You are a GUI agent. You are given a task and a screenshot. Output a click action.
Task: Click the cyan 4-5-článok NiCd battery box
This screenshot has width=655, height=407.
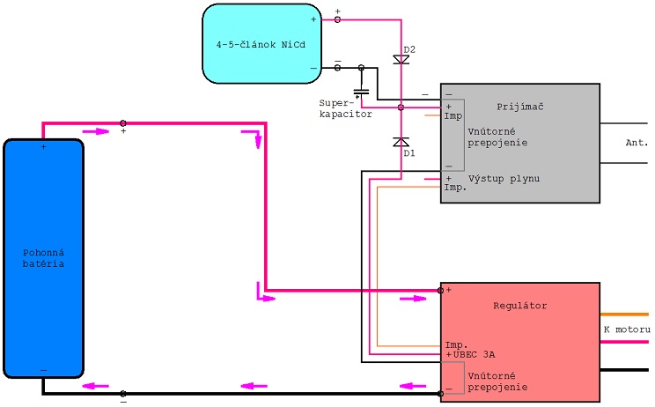coord(261,43)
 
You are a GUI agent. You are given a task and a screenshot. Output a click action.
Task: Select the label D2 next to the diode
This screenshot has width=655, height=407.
coord(408,48)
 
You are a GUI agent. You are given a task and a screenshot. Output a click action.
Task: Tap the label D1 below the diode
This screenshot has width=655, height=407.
coord(408,153)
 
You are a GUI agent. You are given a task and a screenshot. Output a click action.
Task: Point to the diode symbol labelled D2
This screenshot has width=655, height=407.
coord(401,60)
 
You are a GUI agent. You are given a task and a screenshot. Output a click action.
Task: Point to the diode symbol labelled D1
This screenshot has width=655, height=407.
coord(401,142)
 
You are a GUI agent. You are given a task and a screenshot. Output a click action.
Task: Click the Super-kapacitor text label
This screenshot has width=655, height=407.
coord(345,108)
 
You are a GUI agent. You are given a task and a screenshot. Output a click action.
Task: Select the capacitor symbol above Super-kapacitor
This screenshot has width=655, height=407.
coord(361,91)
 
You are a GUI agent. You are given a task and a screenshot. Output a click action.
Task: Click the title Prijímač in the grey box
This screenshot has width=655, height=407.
coord(520,107)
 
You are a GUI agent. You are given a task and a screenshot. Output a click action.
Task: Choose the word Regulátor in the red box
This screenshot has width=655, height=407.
coord(520,306)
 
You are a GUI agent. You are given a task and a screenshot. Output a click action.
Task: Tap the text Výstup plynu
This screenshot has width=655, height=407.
coord(504,179)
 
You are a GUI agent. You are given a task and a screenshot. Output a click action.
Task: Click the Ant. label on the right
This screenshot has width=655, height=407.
coord(637,143)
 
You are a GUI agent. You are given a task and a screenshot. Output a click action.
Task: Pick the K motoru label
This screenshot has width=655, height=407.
coord(627,329)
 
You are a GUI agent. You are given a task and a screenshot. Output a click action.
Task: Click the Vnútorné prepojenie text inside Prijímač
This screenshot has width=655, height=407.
coord(498,136)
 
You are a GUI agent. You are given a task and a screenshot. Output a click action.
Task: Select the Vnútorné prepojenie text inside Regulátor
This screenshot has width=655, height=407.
coord(498,381)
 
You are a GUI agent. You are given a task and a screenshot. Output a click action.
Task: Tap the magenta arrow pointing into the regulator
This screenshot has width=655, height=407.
coord(413,299)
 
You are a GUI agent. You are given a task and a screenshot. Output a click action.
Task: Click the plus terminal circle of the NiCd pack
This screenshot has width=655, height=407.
coord(337,18)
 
